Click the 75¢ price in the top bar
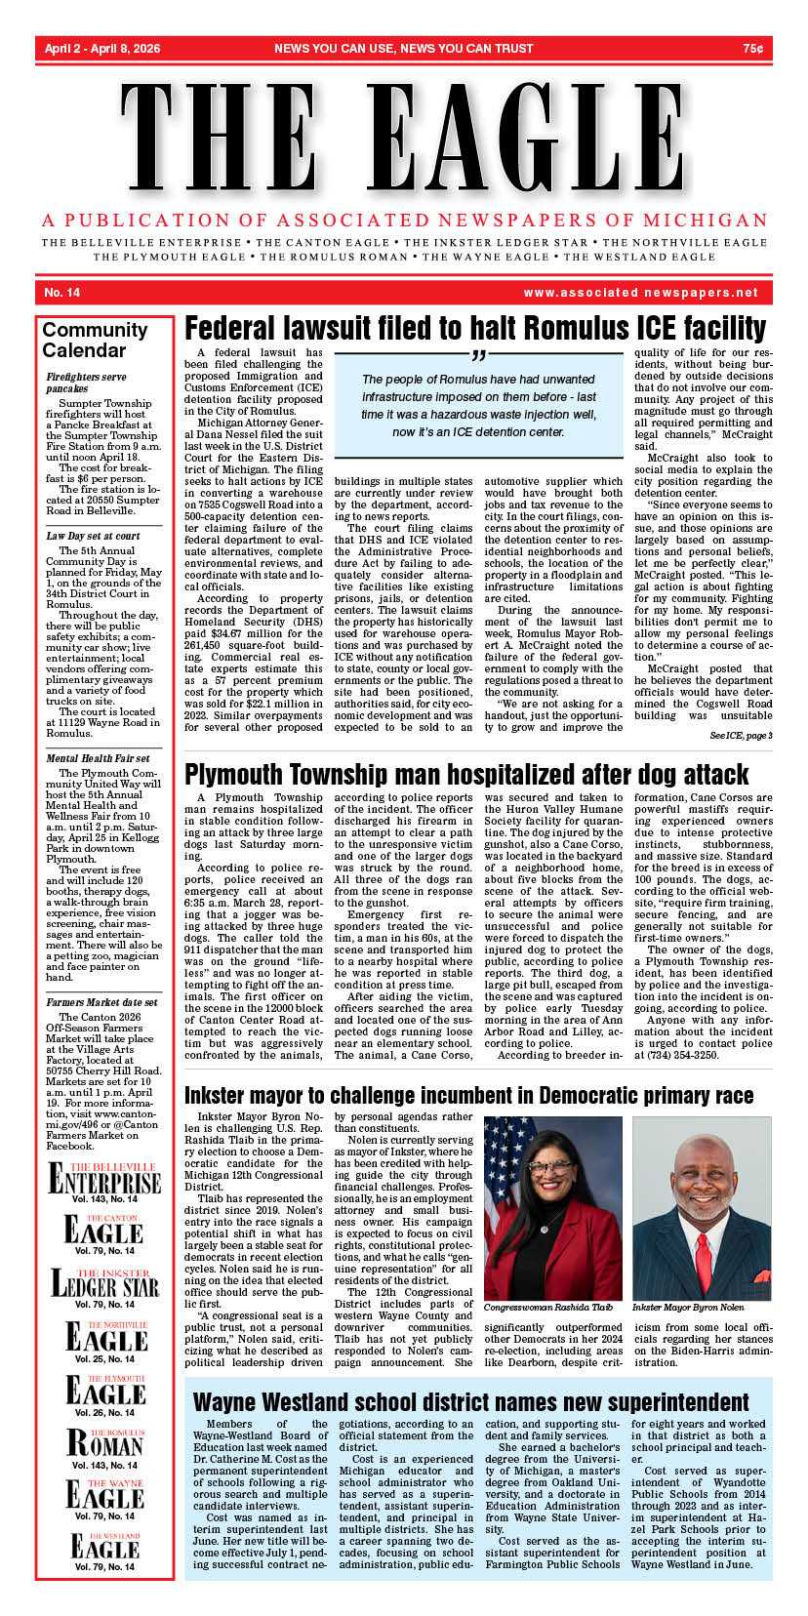pos(752,48)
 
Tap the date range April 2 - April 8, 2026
pos(102,48)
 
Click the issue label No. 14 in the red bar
pos(62,293)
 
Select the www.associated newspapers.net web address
pos(640,293)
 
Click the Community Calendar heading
pos(95,340)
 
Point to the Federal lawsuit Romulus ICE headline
pos(475,328)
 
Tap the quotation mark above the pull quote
pos(477,354)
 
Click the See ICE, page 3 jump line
pos(741,735)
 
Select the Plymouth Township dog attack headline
pos(466,775)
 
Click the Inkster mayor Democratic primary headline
pos(468,1095)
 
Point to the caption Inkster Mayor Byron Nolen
pos(688,1307)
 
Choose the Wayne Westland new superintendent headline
pos(471,1402)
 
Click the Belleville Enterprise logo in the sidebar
pos(104,1179)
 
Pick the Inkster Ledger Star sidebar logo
pos(104,1283)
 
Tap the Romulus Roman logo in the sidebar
pos(104,1440)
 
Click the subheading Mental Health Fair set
pos(98,758)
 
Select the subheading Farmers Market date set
pos(101,1002)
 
